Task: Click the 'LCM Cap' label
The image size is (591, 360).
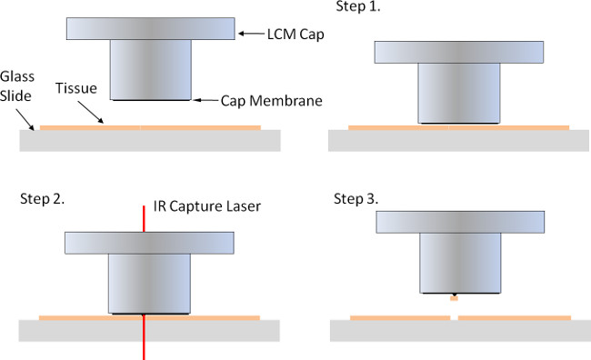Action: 295,35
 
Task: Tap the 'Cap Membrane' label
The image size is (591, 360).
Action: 271,101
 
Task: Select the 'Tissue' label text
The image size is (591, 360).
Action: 76,88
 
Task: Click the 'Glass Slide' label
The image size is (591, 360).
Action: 17,86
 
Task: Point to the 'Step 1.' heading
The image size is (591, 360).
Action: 358,6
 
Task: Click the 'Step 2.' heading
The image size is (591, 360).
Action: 42,199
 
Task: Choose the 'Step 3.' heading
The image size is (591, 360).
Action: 356,199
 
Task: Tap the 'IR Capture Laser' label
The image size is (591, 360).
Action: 207,206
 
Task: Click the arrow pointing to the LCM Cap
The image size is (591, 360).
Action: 251,34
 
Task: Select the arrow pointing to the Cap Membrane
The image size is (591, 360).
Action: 205,100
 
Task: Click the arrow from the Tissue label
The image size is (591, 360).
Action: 90,112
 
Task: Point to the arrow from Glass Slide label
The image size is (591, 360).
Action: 25,120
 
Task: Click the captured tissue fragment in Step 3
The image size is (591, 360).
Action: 455,298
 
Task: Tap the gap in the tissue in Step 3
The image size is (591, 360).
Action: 455,318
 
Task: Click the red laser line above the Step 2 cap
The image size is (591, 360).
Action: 144,219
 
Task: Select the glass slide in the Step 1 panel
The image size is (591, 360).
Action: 458,141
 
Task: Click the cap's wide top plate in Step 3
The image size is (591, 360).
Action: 460,222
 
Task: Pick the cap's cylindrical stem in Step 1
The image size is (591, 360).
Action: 459,93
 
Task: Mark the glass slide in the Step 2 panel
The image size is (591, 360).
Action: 149,331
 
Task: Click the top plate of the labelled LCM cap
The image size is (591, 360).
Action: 151,29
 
